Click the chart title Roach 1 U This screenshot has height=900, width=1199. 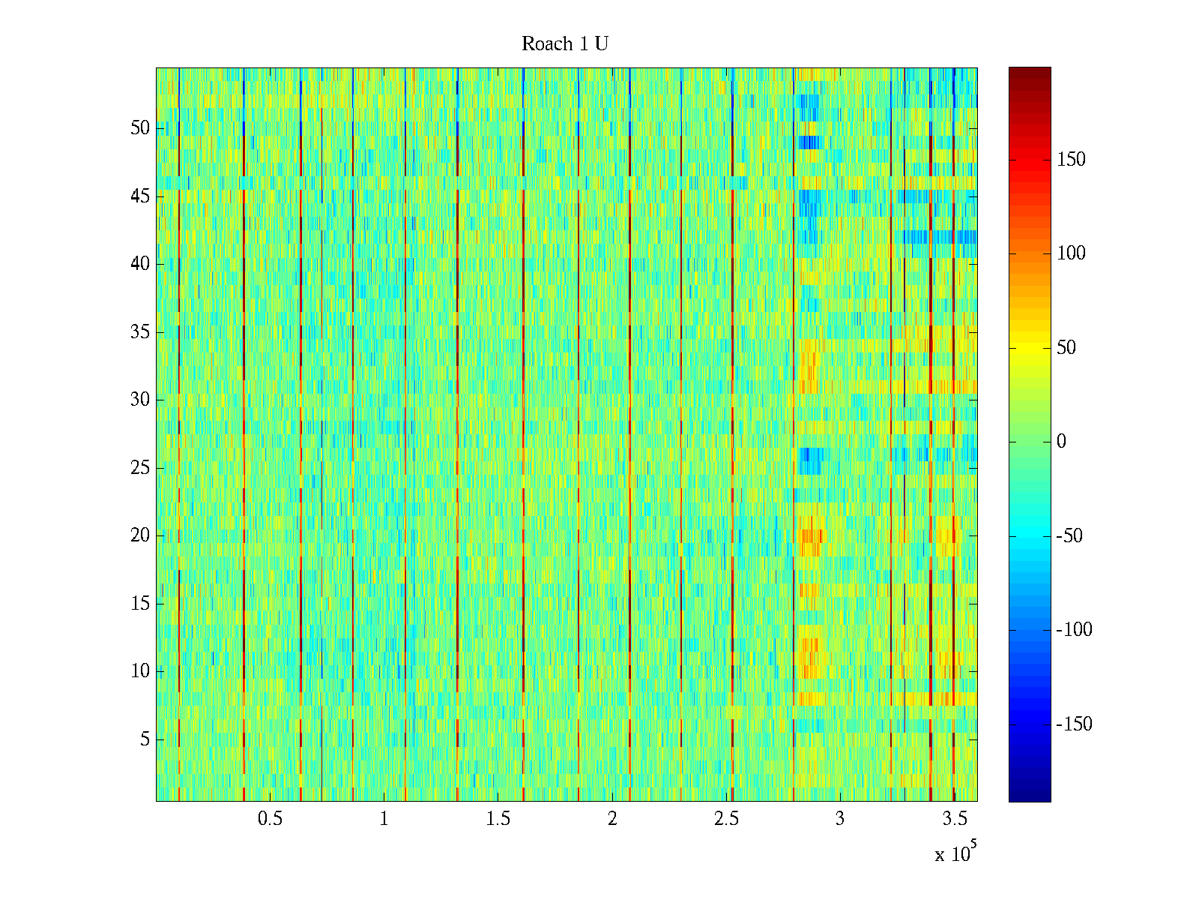[564, 44]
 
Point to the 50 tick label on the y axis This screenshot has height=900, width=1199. [140, 128]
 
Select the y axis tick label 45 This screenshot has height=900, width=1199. [140, 196]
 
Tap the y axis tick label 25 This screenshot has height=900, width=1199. [140, 468]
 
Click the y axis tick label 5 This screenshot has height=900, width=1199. [145, 739]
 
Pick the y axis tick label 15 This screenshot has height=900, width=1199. [140, 604]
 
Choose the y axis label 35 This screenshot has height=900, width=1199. [140, 332]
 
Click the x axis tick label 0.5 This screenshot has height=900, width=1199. [270, 819]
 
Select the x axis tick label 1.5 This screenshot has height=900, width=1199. [498, 819]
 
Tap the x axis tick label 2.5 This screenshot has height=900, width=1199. [726, 819]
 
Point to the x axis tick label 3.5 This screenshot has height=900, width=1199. [954, 819]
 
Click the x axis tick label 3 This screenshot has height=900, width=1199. [840, 819]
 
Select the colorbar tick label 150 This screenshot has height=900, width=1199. [1071, 160]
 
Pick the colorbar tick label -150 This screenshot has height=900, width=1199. [1074, 724]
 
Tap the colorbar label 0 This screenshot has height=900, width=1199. [1061, 442]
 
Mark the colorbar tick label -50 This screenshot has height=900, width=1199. [1070, 536]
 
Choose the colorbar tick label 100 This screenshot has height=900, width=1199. [1071, 253]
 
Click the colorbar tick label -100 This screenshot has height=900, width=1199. [1074, 630]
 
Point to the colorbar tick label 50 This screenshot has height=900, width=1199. [1066, 348]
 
